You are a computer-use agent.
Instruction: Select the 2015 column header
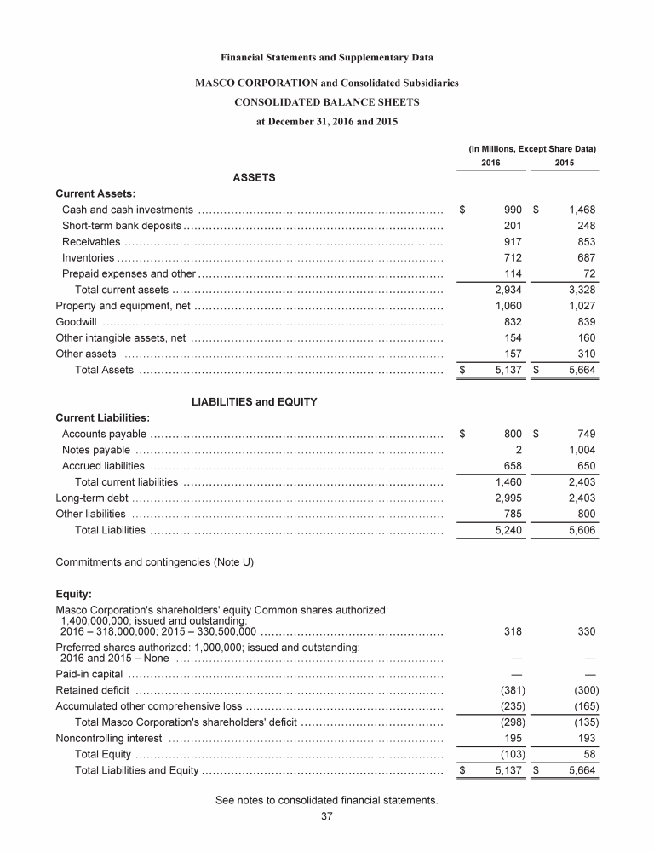[564, 163]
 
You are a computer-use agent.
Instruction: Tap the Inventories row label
[89, 257]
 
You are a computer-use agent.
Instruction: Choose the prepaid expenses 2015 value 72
[587, 273]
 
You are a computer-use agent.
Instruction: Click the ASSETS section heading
[254, 177]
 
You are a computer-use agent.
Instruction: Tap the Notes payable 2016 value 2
[518, 449]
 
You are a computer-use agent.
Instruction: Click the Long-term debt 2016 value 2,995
[508, 498]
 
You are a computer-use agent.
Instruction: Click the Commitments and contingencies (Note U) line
[155, 561]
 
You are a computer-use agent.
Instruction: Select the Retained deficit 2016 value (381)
[511, 689]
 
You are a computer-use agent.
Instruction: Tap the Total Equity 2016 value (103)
[511, 754]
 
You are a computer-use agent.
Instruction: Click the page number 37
[326, 816]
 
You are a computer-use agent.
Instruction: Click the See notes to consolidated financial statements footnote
[326, 800]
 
